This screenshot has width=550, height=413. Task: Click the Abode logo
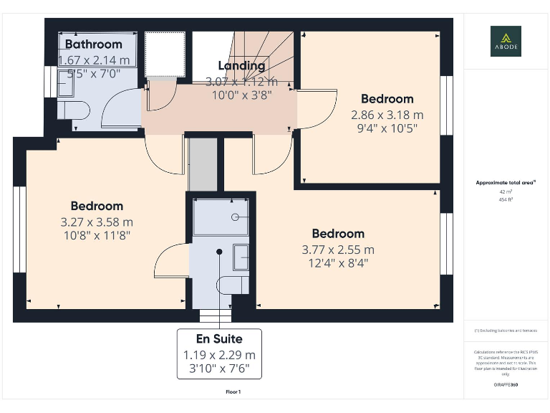(506, 41)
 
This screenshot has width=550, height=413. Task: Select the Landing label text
(241, 66)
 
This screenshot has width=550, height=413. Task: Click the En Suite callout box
(219, 354)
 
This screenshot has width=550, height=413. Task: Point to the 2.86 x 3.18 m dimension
(387, 115)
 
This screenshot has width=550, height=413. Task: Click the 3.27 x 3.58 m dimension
(97, 222)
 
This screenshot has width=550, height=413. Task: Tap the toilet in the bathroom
(72, 110)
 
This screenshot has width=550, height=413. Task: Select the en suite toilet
(234, 285)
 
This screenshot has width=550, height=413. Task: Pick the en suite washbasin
(241, 256)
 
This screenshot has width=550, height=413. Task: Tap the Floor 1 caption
(233, 392)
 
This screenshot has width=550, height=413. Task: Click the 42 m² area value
(506, 191)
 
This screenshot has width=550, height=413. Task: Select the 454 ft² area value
(506, 199)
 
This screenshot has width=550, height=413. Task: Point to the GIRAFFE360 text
(506, 385)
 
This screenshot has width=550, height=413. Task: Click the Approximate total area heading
(506, 183)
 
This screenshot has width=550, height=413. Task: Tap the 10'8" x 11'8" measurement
(97, 234)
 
